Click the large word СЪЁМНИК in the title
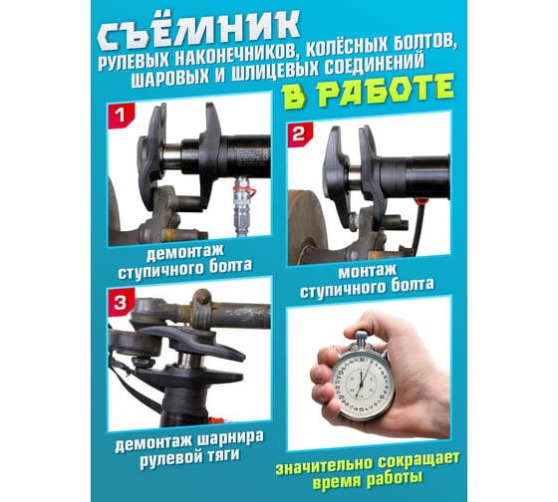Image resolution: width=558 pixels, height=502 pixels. click(198, 30)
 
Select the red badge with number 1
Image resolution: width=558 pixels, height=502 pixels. click(122, 116)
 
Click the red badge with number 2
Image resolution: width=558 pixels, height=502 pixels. click(300, 134)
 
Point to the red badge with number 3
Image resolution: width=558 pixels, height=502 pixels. click(121, 302)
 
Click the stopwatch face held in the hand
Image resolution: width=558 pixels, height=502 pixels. click(363, 383)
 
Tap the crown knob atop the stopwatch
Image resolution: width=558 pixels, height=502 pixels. click(361, 336)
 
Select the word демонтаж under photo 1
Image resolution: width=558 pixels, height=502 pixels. click(184, 250)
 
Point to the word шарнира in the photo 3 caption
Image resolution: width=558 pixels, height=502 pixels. click(230, 439)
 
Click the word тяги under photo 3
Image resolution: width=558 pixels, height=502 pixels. click(224, 456)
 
